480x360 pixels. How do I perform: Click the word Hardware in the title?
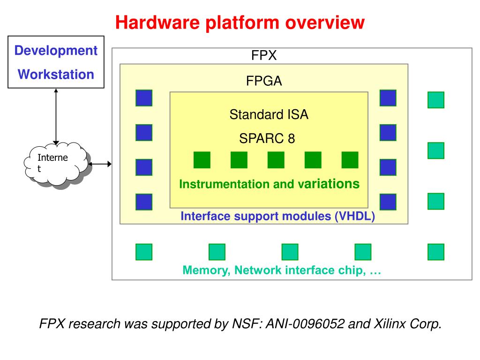(x=157, y=22)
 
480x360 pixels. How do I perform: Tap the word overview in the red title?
(x=325, y=22)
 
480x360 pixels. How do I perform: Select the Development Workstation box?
(x=56, y=62)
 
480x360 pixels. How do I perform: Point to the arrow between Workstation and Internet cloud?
(x=56, y=117)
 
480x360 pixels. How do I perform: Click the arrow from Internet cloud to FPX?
(x=100, y=164)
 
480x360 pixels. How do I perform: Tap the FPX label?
(x=264, y=55)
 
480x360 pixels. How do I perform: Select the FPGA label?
(x=264, y=81)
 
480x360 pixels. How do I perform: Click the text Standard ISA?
(x=269, y=114)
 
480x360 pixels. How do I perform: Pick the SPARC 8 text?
(x=267, y=138)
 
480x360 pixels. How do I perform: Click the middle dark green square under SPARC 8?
(x=276, y=160)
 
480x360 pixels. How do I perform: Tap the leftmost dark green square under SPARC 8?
(x=202, y=160)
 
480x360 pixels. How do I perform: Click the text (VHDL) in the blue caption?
(x=355, y=216)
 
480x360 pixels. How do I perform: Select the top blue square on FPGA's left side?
(x=144, y=98)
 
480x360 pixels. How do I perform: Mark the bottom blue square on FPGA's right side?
(x=388, y=202)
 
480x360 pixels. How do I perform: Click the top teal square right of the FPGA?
(x=436, y=100)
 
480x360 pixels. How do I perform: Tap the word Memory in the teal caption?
(x=206, y=270)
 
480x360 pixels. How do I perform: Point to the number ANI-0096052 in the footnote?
(x=306, y=324)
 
